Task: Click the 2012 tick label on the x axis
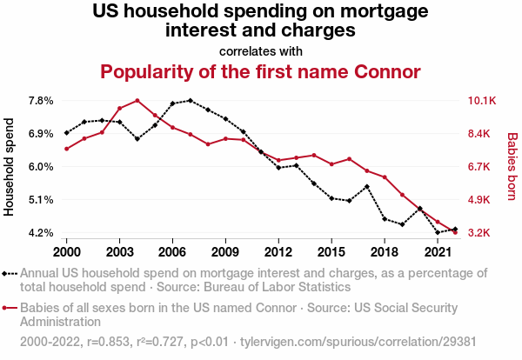tap(278, 251)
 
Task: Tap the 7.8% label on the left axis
tap(41, 101)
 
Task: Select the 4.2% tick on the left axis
tap(41, 233)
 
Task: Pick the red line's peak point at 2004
tap(137, 100)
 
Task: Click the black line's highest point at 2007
tap(191, 101)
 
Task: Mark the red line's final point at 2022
tap(455, 232)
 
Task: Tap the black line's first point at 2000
tap(66, 133)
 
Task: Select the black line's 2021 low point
tap(438, 232)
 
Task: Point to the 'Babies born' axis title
tap(512, 167)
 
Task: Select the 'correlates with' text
tap(261, 50)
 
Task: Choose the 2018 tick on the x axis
tap(385, 251)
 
